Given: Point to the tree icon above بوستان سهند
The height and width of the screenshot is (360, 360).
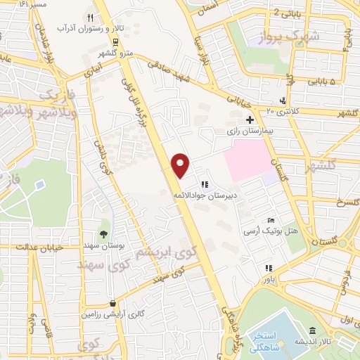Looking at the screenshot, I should (104, 234).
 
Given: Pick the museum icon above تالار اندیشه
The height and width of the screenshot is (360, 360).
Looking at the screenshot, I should (311, 331).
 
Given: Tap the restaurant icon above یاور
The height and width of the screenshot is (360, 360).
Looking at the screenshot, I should (268, 268).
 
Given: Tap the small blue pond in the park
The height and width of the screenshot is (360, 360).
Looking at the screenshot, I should (39, 186).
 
